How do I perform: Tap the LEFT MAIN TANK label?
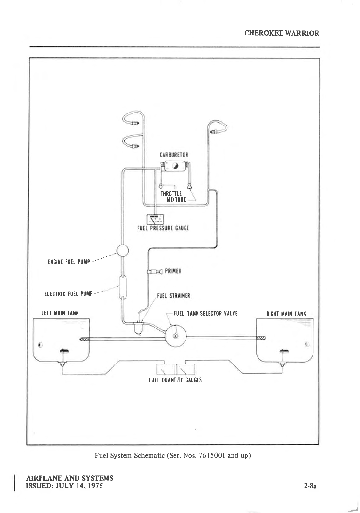coord(60,313)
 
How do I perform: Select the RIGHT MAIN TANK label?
coord(286,314)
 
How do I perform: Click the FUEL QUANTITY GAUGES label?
coord(175,380)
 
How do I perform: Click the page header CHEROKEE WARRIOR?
coord(282,33)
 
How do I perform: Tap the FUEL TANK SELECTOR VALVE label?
coord(206,314)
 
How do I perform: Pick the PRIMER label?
coord(173,271)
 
